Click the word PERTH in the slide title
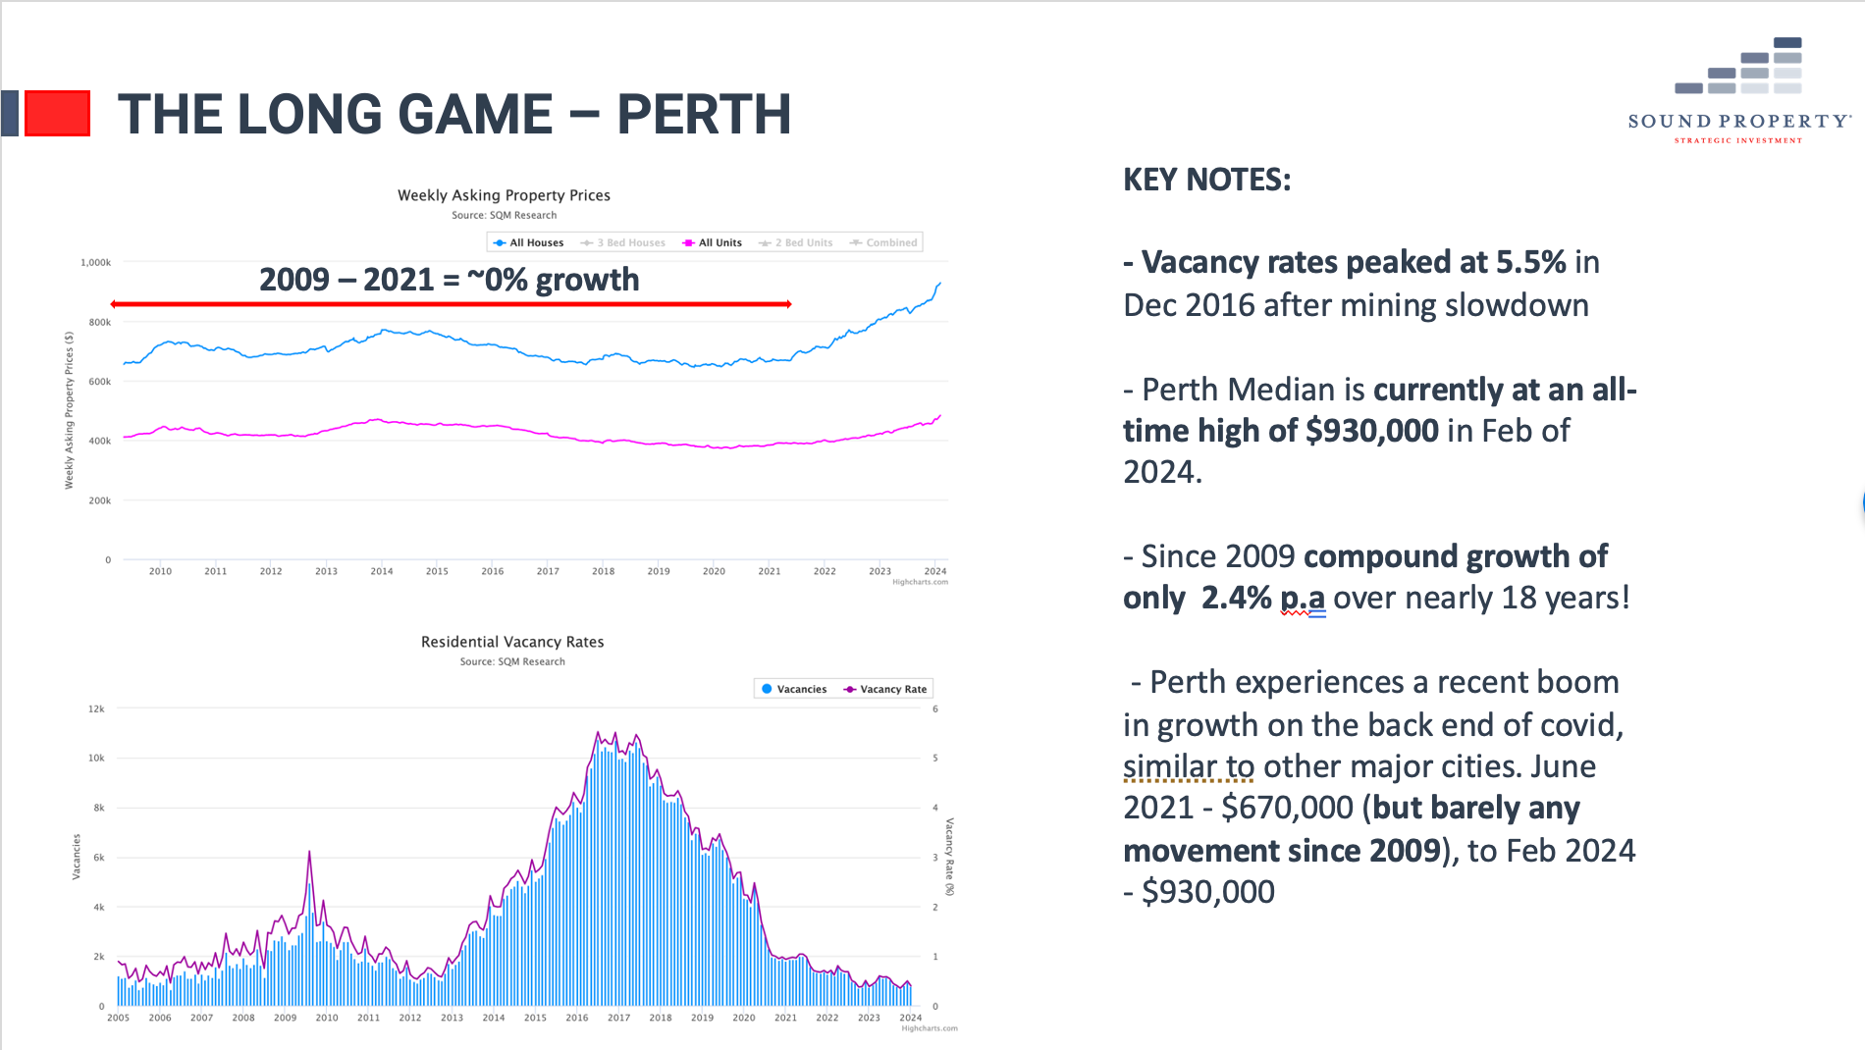(703, 114)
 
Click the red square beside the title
(57, 113)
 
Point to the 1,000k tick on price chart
(96, 263)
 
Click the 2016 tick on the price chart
(492, 571)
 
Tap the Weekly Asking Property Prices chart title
(504, 195)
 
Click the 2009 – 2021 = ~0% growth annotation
(449, 280)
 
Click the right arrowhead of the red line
(787, 304)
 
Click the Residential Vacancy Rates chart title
(512, 642)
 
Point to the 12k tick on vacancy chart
(96, 709)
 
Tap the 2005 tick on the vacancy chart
(118, 1018)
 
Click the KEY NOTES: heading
(1206, 180)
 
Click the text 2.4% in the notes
(1236, 598)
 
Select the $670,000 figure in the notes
(1287, 808)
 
